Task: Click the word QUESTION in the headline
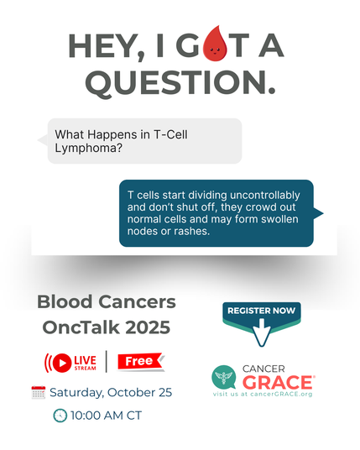coord(180,81)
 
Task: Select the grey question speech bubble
coord(139,140)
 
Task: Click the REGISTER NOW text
coord(261,311)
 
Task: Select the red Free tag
coord(140,362)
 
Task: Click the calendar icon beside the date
coord(38,392)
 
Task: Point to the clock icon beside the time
coord(60,415)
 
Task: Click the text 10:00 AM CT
coord(106,415)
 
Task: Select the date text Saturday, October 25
coord(111,392)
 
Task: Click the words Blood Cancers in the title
coord(107,301)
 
